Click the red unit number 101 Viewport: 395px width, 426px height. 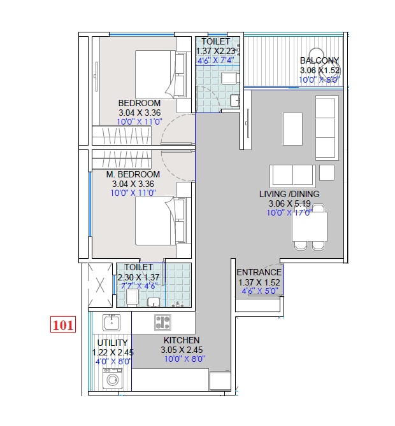pyautogui.click(x=63, y=326)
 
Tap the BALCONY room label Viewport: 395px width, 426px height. pyautogui.click(x=319, y=61)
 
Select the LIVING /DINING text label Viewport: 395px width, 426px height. pyautogui.click(x=289, y=194)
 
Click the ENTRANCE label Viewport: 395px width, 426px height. pyautogui.click(x=259, y=272)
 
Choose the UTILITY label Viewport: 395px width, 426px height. pyautogui.click(x=112, y=343)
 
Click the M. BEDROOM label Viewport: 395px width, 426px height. pyautogui.click(x=133, y=174)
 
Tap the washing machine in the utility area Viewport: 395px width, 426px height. pyautogui.click(x=114, y=381)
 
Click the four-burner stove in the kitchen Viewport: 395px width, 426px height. pyautogui.click(x=162, y=322)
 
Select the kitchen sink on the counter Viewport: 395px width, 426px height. pyautogui.click(x=112, y=322)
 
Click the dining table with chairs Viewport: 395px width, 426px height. pyautogui.click(x=310, y=227)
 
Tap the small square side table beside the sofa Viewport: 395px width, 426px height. pyautogui.click(x=327, y=172)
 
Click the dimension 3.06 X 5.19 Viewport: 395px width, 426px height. pyautogui.click(x=289, y=203)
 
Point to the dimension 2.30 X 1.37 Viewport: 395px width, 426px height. pyautogui.click(x=139, y=277)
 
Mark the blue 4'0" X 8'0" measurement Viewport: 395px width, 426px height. pyautogui.click(x=112, y=361)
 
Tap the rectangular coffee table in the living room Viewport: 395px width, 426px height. pyautogui.click(x=292, y=128)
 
